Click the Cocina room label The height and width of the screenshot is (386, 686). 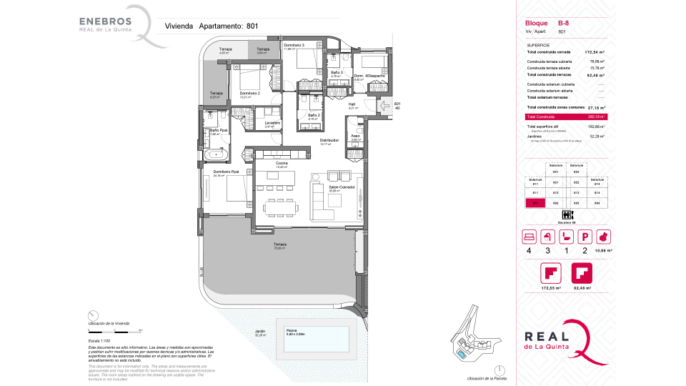pyautogui.click(x=272, y=164)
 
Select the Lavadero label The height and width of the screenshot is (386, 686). pyautogui.click(x=272, y=123)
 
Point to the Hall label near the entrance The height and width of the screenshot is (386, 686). pyautogui.click(x=352, y=105)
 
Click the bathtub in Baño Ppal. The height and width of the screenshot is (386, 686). pyautogui.click(x=215, y=154)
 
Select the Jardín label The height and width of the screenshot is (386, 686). pyautogui.click(x=260, y=332)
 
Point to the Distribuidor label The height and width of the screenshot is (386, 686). pyautogui.click(x=328, y=141)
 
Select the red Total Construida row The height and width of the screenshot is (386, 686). pyautogui.click(x=565, y=117)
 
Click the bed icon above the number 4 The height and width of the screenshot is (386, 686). pyautogui.click(x=530, y=236)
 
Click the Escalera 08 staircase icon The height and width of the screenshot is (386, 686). pyautogui.click(x=566, y=215)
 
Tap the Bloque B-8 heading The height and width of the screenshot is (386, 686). pyautogui.click(x=547, y=24)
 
